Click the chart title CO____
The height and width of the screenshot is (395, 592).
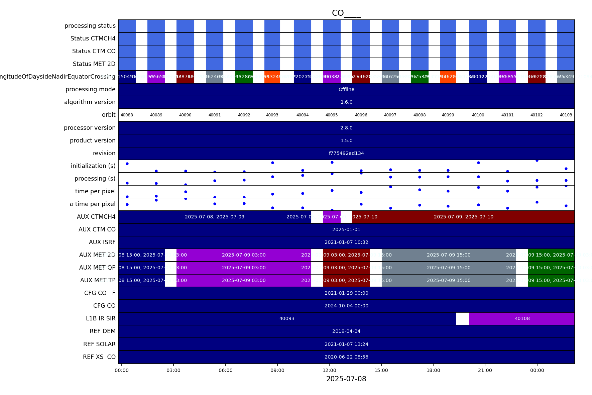pyautogui.click(x=346, y=13)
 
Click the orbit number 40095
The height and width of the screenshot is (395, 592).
pyautogui.click(x=332, y=115)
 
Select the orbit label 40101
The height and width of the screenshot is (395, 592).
pyautogui.click(x=507, y=115)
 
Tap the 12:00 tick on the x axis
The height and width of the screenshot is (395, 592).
pyautogui.click(x=329, y=370)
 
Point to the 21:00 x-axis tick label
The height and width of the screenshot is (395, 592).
pyautogui.click(x=485, y=370)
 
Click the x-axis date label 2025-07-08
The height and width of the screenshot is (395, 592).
pyautogui.click(x=346, y=379)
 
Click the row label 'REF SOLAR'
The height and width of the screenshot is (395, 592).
pyautogui.click(x=99, y=344)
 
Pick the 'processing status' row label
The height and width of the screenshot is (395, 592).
pyautogui.click(x=90, y=26)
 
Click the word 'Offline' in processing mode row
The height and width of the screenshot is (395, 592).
pyautogui.click(x=346, y=89)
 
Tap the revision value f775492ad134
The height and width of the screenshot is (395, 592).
pyautogui.click(x=346, y=153)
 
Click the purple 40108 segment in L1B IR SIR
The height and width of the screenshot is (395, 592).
pyautogui.click(x=522, y=319)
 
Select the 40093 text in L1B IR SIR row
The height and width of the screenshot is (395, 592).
pyautogui.click(x=287, y=319)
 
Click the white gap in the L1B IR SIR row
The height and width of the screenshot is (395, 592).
pyautogui.click(x=462, y=319)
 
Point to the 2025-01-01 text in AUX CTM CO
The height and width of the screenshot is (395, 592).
pyautogui.click(x=346, y=229)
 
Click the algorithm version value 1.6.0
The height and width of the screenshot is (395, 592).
pyautogui.click(x=346, y=102)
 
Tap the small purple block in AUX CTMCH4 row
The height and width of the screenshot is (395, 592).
pyautogui.click(x=332, y=217)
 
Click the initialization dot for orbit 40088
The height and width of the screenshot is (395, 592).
pyautogui.click(x=127, y=164)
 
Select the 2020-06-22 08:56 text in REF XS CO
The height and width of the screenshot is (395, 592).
pyautogui.click(x=346, y=357)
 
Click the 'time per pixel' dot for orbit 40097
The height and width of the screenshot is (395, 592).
pyautogui.click(x=390, y=187)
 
